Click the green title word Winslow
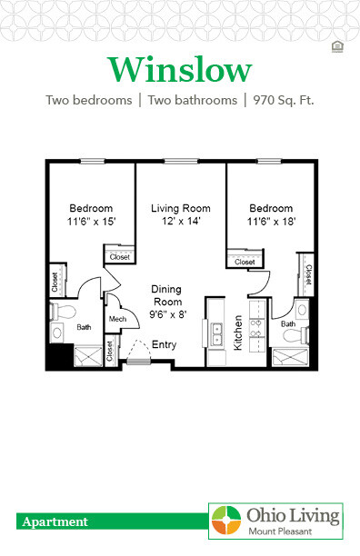(180, 69)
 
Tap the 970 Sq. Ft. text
(282, 100)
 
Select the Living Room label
(180, 208)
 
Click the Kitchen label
(239, 333)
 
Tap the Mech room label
(117, 320)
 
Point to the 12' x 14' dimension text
(180, 221)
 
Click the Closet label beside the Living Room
(119, 257)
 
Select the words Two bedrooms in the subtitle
(84, 100)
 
